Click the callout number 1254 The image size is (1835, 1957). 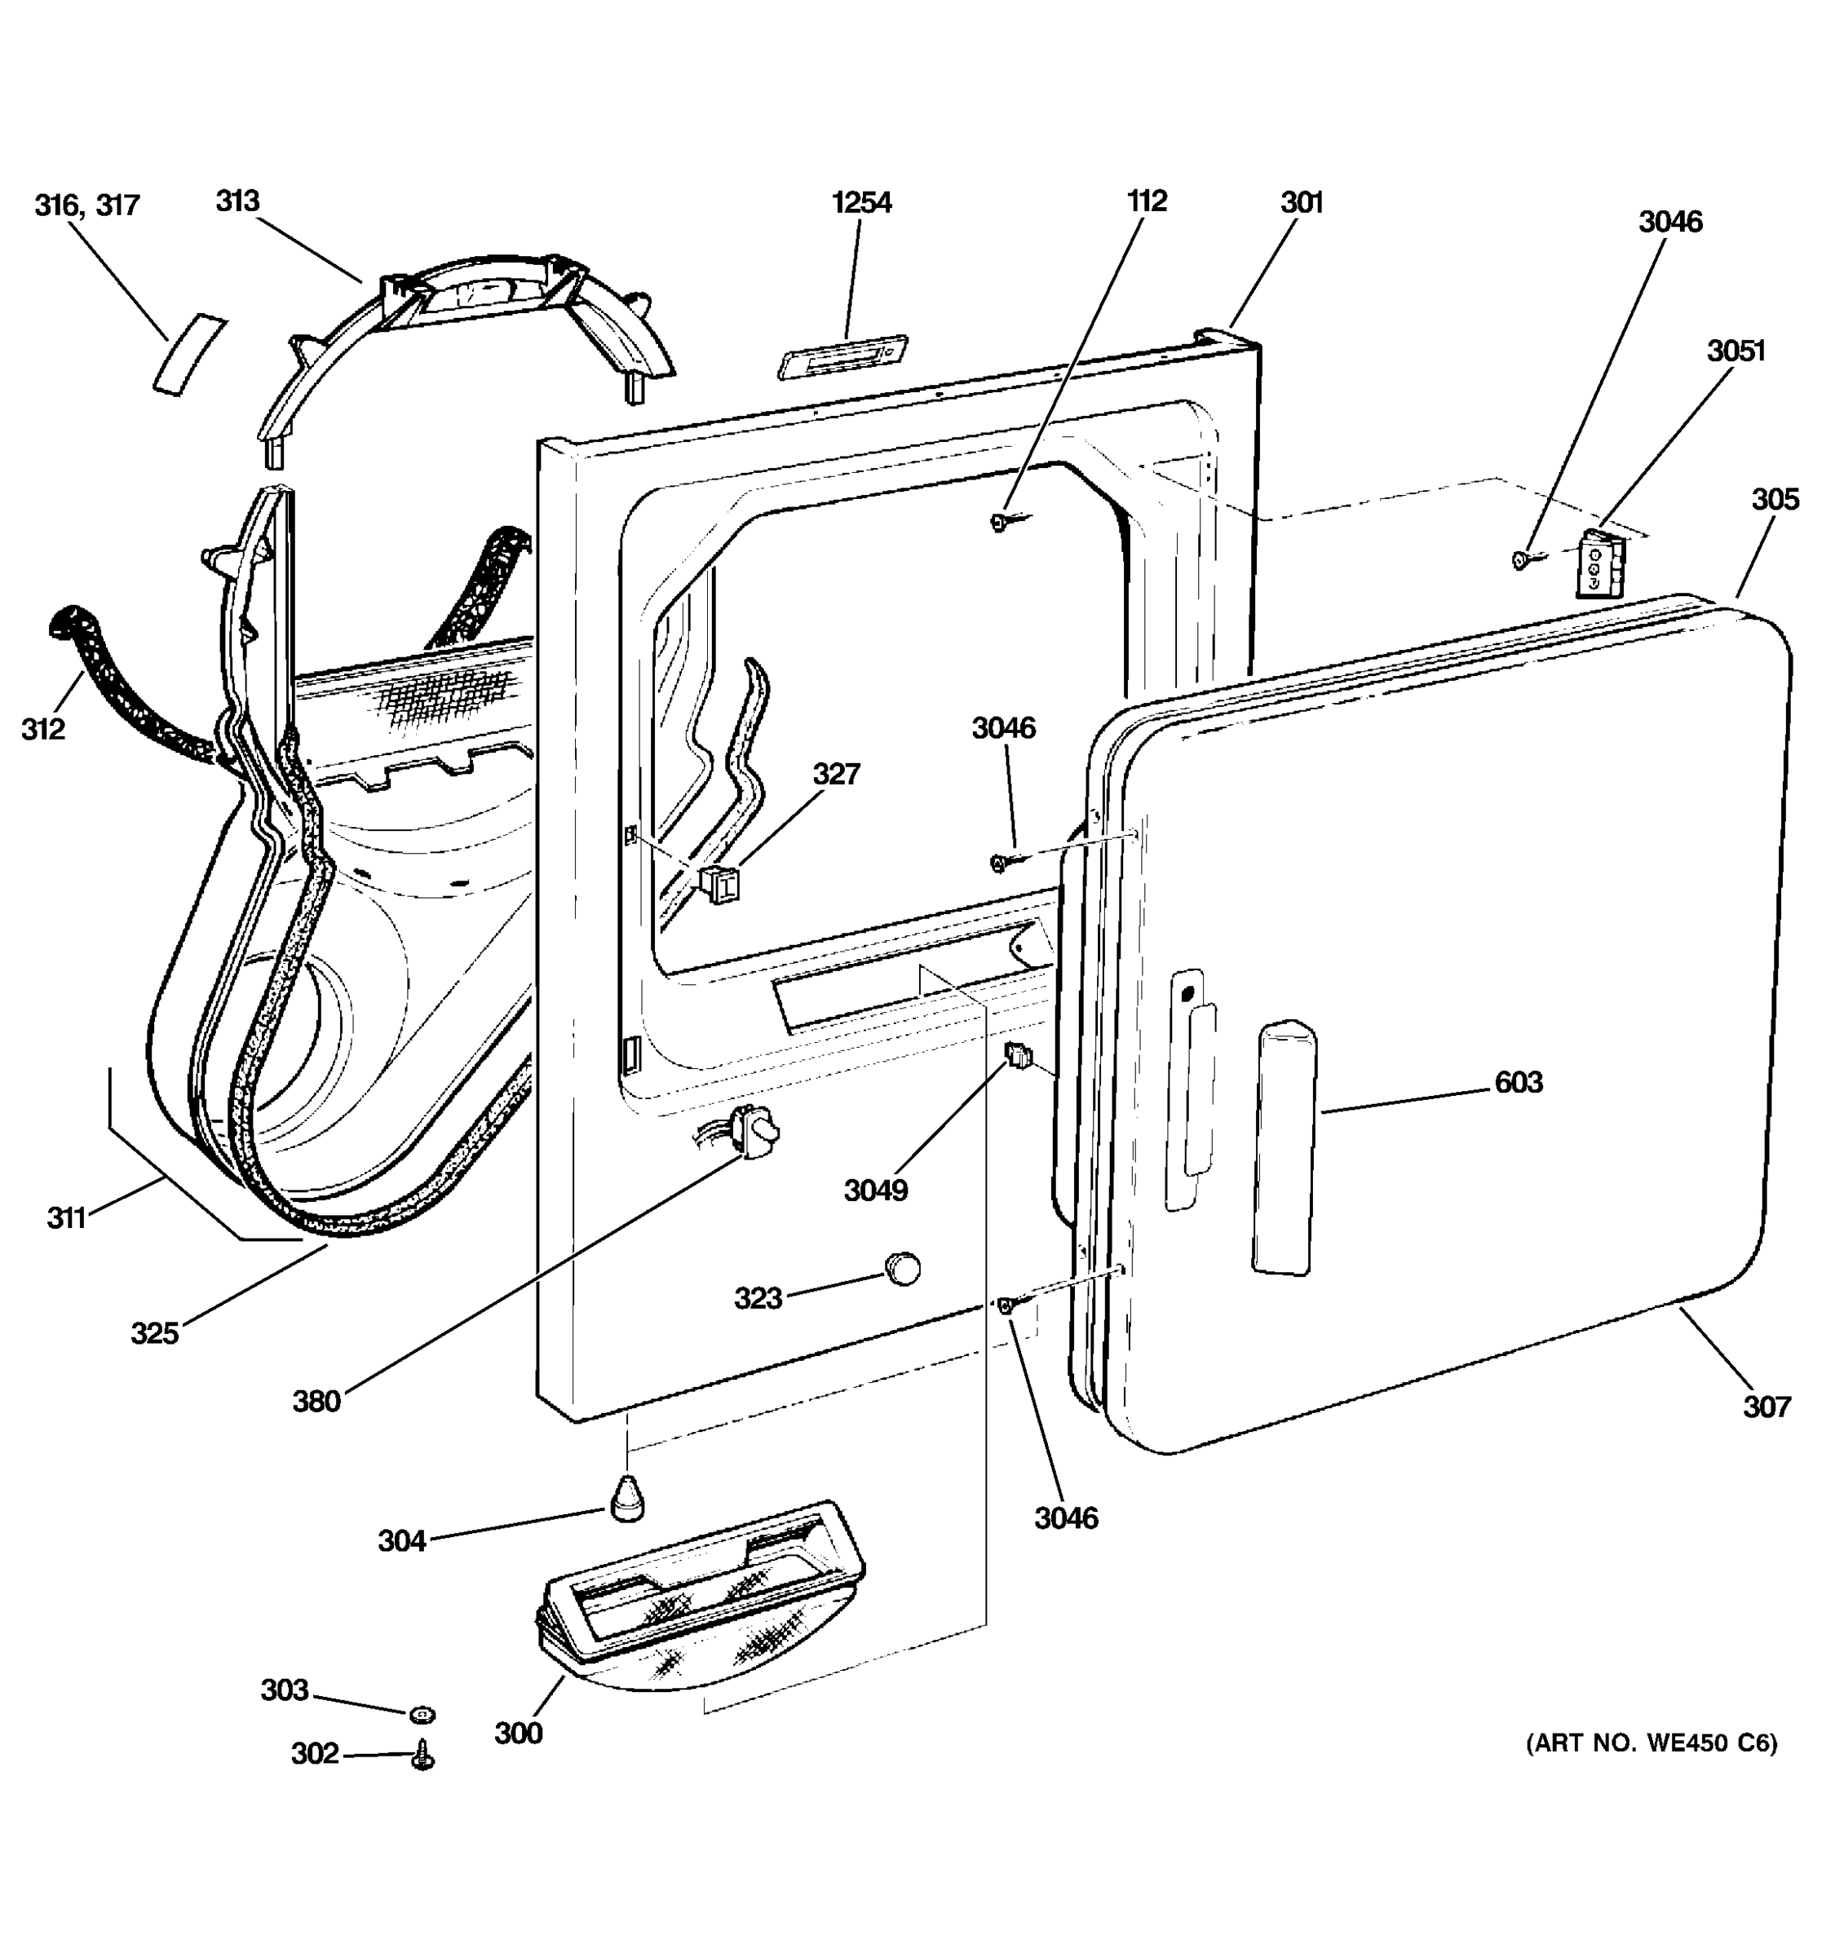(861, 203)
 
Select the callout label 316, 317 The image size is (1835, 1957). (87, 205)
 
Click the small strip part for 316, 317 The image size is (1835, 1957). (188, 356)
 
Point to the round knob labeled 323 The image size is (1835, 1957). (902, 1269)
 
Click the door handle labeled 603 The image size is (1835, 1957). (1285, 1146)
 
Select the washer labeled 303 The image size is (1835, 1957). (422, 1715)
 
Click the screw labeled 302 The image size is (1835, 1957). (423, 1756)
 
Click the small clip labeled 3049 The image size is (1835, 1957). (1018, 1058)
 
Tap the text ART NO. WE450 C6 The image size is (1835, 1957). (1651, 1743)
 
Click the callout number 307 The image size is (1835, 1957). (1766, 1407)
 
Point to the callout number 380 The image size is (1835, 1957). (316, 1401)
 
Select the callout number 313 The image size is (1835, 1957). (237, 201)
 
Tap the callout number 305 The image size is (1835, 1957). (1775, 499)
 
